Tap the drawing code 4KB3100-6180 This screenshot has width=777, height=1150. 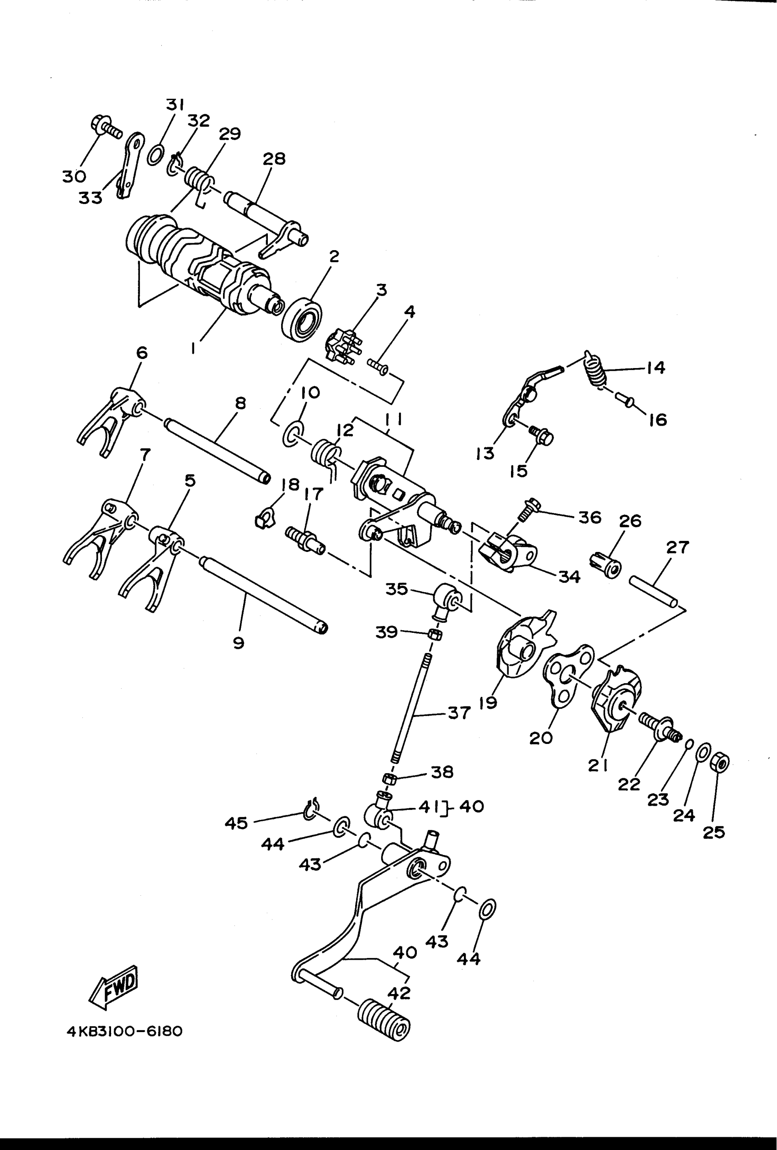point(125,1032)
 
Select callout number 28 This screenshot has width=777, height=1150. point(274,159)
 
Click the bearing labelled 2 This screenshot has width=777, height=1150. point(302,319)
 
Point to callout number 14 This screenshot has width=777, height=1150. point(656,368)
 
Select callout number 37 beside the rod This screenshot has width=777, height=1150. point(459,713)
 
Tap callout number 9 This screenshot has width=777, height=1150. point(239,643)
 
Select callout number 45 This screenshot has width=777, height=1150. point(236,823)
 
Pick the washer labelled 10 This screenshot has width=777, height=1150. point(293,432)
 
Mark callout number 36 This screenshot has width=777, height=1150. point(590,518)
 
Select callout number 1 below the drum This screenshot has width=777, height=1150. point(193,349)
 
